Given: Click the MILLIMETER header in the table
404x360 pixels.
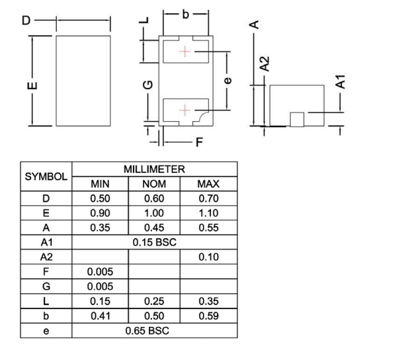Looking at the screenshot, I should (x=154, y=169).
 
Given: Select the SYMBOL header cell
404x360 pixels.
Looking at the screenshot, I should (x=46, y=177).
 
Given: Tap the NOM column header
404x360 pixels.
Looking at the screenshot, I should (x=154, y=184).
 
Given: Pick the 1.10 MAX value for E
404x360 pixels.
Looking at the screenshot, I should (x=209, y=213).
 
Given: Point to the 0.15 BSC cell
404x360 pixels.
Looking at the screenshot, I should (x=154, y=242).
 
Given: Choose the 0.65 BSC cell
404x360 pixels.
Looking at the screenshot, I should (x=154, y=330).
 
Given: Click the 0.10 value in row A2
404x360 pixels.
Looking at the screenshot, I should (x=209, y=257).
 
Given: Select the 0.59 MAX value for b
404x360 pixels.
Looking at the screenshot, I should (x=209, y=315).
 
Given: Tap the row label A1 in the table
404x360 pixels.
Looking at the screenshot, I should (x=46, y=242).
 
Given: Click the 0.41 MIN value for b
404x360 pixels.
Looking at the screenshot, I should (x=100, y=315).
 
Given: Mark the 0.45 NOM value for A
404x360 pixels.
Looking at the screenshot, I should (x=154, y=228).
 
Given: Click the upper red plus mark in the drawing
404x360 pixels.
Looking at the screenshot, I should (x=185, y=52).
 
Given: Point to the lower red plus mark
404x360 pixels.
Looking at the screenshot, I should (x=185, y=110).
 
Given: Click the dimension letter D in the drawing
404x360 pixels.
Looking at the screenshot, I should (x=26, y=21).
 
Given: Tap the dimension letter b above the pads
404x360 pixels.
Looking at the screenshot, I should (x=186, y=13).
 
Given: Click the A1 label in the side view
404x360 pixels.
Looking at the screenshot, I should (x=340, y=82).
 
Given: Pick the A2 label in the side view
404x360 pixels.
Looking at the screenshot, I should (x=264, y=64).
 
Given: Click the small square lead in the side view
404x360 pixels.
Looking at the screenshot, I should (x=297, y=118).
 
